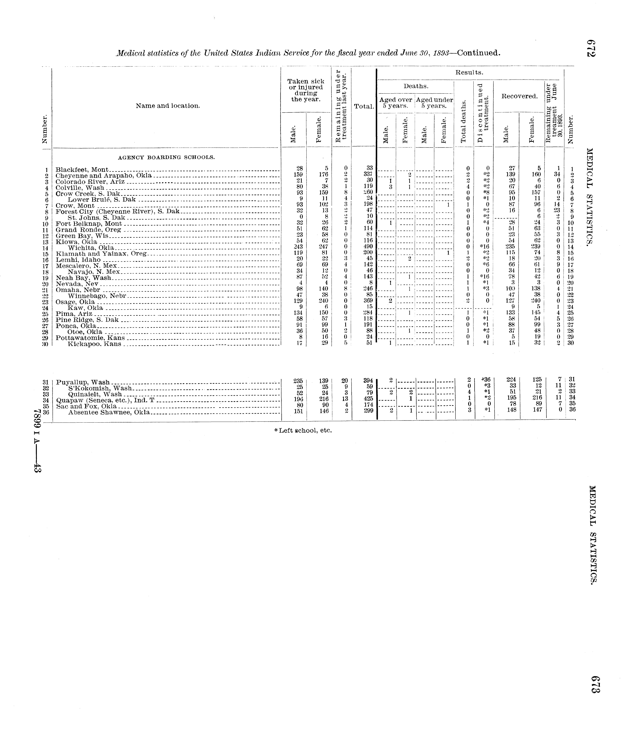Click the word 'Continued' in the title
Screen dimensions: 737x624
[x=478, y=53]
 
